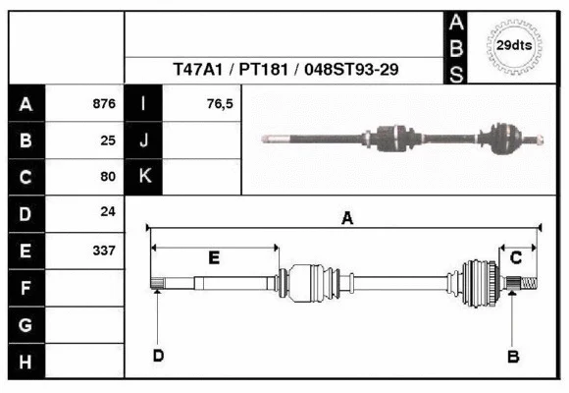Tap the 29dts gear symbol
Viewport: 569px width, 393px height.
(513, 45)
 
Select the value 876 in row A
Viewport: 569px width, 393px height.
(103, 104)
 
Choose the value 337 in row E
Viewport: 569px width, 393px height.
(103, 250)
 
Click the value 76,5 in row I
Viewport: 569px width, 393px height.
(220, 104)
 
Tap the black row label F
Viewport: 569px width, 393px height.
(26, 287)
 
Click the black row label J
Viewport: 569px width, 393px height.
(144, 140)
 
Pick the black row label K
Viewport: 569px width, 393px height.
(144, 177)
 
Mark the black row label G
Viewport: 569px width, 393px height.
(26, 324)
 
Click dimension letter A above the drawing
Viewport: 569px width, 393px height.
(346, 219)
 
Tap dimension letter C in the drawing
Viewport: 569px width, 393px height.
(515, 257)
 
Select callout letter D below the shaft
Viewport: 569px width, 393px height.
(157, 356)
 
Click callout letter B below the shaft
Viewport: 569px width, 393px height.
(512, 357)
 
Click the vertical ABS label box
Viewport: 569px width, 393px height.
(456, 47)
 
